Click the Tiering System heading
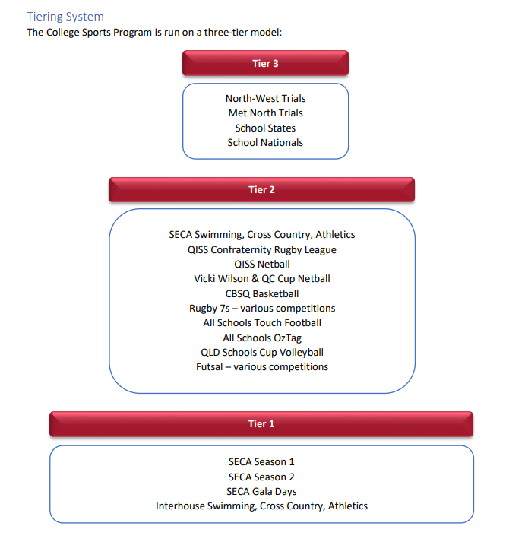coord(65,16)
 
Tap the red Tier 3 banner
coord(265,63)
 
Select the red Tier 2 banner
coord(261,189)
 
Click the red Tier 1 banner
coord(261,423)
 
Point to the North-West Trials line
coord(265,98)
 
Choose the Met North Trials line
coord(265,113)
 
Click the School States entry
coord(265,128)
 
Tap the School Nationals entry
coord(265,142)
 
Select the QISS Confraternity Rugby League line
coord(262,249)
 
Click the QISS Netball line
coord(262,264)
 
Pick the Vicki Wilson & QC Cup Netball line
coord(262,278)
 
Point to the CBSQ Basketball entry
coord(262,293)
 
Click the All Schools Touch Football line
coord(262,322)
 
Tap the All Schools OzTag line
coord(262,338)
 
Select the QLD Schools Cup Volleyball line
coord(262,352)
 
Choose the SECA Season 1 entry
coord(261,461)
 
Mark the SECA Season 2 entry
coord(261,477)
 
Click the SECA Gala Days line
coord(261,491)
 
